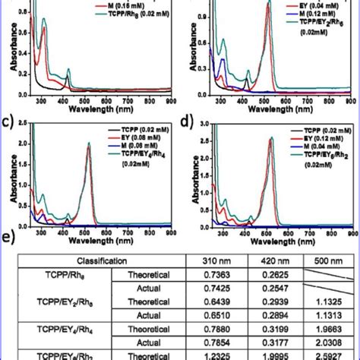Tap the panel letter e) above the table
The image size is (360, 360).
click(x=9, y=238)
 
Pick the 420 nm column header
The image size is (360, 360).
click(x=266, y=259)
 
